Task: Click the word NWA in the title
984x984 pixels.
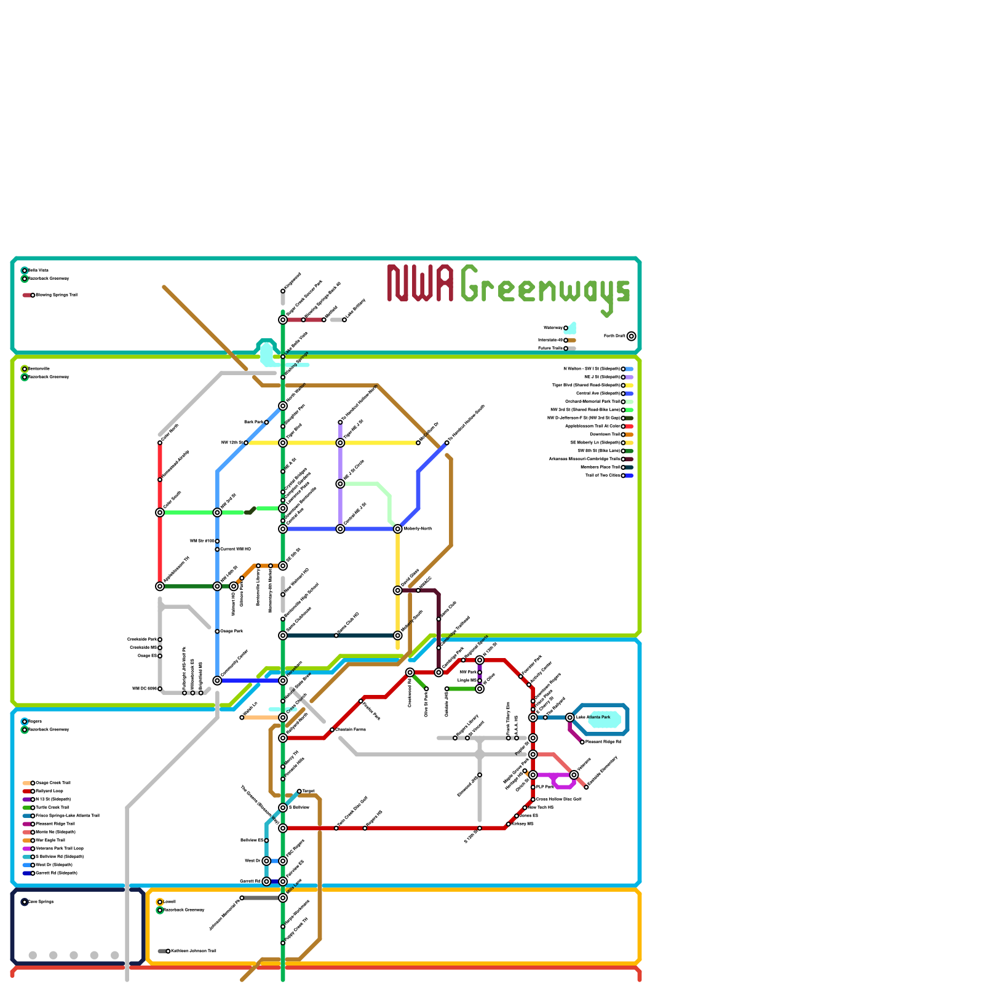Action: pyautogui.click(x=421, y=284)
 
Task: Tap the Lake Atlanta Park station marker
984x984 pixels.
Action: pyautogui.click(x=570, y=718)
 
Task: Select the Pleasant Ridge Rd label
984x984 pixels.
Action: pyautogui.click(x=603, y=742)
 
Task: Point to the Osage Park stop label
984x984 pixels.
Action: pyautogui.click(x=232, y=632)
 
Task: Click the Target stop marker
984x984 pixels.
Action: pyautogui.click(x=300, y=792)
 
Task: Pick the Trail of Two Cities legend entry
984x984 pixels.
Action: pyautogui.click(x=603, y=475)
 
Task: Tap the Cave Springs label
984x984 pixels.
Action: pyautogui.click(x=41, y=902)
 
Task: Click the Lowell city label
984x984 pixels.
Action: pyautogui.click(x=169, y=902)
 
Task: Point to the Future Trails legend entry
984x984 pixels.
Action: pyautogui.click(x=550, y=349)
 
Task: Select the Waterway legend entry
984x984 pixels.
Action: pyautogui.click(x=553, y=328)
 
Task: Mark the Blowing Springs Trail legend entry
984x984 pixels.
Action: pyautogui.click(x=56, y=295)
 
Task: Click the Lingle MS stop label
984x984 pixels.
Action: pyautogui.click(x=467, y=681)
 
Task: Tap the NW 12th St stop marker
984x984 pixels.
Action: pyautogui.click(x=246, y=443)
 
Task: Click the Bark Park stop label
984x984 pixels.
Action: pyautogui.click(x=253, y=423)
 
